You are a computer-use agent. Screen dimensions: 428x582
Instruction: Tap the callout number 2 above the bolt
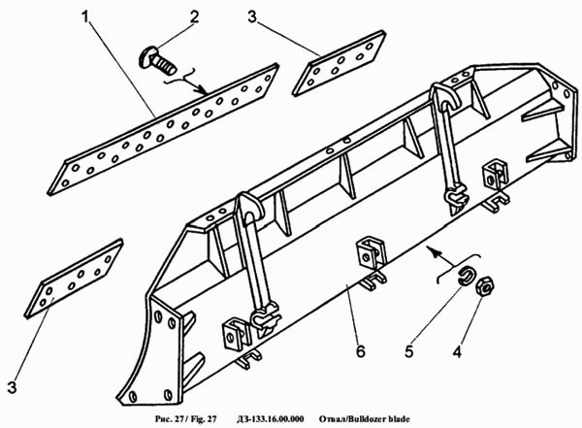coord(194,16)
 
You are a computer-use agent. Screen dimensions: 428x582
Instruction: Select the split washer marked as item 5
coord(468,274)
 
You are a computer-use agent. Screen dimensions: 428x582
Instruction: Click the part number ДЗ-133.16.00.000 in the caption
coord(263,419)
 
